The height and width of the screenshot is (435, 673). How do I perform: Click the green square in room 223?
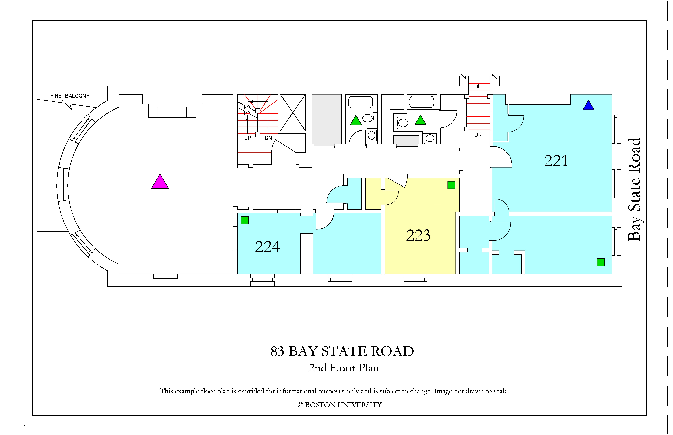(x=451, y=185)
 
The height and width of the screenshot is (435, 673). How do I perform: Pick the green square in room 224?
(x=245, y=220)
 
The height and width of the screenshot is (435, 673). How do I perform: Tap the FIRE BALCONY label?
(x=70, y=96)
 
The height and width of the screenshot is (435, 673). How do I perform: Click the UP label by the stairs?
(x=248, y=138)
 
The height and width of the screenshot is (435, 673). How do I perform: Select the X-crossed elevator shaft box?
(x=293, y=112)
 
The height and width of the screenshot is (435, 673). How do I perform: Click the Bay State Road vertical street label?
(x=634, y=190)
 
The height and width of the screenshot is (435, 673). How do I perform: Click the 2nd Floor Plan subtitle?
(x=344, y=368)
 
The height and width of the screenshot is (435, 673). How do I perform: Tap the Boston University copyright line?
(x=340, y=405)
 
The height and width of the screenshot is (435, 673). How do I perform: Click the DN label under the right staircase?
(x=478, y=135)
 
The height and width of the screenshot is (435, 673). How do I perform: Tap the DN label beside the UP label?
(x=268, y=138)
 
